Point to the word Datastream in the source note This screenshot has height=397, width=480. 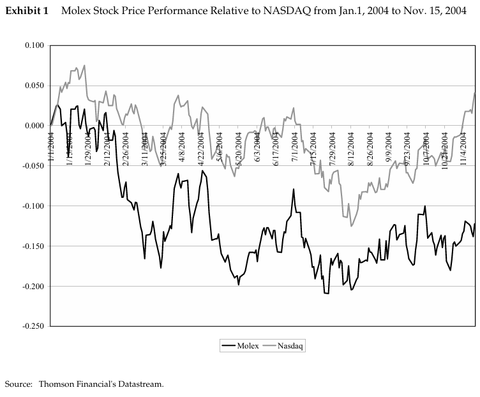click(x=139, y=384)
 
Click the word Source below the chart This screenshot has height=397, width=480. click(x=18, y=384)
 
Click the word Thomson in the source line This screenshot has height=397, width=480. click(x=57, y=384)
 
